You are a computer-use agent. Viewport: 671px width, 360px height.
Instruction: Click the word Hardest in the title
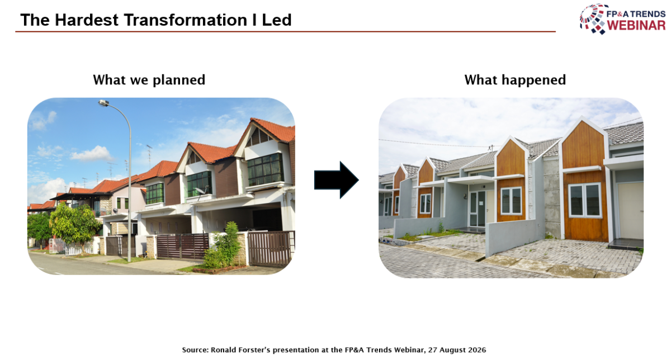click(x=87, y=20)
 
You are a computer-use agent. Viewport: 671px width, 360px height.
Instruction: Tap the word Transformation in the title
click(x=183, y=20)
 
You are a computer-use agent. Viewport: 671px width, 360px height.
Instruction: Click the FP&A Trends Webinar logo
click(x=622, y=19)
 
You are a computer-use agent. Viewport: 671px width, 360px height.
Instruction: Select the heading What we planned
click(x=149, y=80)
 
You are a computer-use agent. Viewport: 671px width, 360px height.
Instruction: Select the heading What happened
click(x=515, y=80)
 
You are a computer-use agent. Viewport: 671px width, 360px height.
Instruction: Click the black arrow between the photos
click(x=337, y=180)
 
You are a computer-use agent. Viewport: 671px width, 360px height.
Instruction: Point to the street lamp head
click(x=103, y=103)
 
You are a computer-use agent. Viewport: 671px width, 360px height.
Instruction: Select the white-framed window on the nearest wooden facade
click(x=584, y=200)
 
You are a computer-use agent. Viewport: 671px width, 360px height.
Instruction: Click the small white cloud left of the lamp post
click(x=92, y=154)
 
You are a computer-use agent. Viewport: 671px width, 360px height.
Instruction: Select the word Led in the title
click(x=276, y=20)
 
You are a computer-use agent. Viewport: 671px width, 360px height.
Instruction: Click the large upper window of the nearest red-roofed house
click(x=265, y=169)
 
